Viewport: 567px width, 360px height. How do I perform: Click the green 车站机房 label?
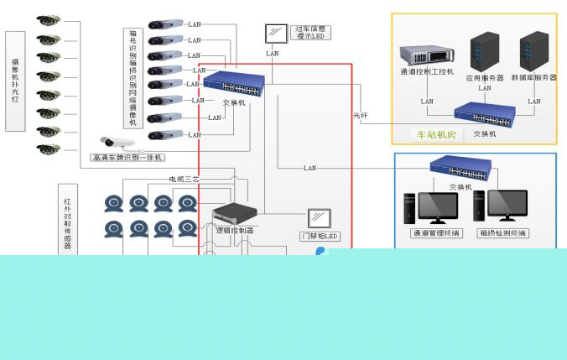click(x=436, y=134)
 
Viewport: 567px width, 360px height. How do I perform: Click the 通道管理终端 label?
click(x=435, y=233)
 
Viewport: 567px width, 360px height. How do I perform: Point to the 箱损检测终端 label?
click(x=502, y=233)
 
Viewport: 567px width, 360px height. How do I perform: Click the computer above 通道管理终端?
click(x=430, y=207)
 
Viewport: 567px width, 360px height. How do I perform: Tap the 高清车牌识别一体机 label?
click(x=127, y=158)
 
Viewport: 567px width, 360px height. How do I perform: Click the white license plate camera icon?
click(x=117, y=143)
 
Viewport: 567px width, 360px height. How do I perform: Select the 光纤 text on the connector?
click(x=361, y=115)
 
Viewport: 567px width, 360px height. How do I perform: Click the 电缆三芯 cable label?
click(x=185, y=179)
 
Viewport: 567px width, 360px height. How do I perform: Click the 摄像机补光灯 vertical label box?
click(x=15, y=81)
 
